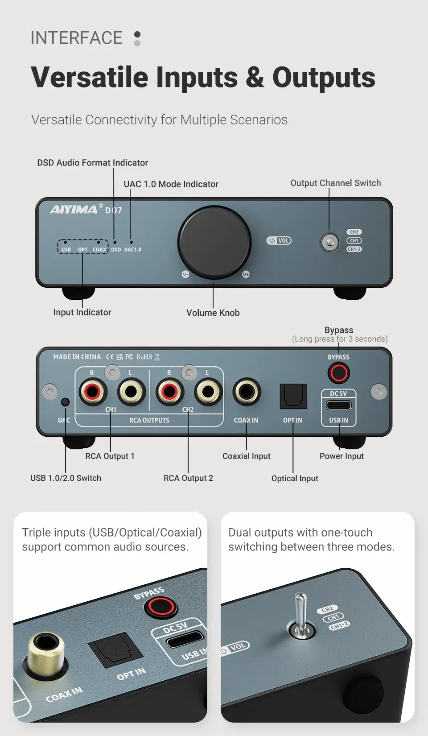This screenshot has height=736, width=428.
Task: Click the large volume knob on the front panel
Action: pos(214,242)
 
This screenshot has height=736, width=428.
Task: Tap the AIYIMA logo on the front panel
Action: pos(74,210)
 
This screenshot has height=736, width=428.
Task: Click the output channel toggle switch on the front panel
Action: pos(329,243)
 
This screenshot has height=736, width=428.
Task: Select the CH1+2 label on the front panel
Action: pos(354,249)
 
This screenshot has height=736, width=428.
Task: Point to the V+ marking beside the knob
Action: pos(246,274)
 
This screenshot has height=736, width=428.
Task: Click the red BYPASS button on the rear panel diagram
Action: pos(339,373)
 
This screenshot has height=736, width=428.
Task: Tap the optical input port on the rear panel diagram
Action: pos(293,397)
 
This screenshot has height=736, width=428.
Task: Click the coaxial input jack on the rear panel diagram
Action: pos(247,392)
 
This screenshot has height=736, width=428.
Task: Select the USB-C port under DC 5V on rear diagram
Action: pos(339,405)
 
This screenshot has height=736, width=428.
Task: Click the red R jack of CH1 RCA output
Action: pos(93,392)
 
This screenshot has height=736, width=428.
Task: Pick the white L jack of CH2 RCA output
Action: pos(208,392)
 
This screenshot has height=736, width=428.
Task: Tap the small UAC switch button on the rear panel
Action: pos(66,401)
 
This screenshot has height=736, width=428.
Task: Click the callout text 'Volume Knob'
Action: pos(213,313)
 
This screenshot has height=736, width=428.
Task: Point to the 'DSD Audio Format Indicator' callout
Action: pos(92,163)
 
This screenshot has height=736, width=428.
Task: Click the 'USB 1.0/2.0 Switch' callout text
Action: pos(66,478)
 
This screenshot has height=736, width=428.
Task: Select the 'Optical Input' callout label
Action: pos(295,478)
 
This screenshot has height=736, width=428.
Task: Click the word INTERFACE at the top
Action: pos(77,38)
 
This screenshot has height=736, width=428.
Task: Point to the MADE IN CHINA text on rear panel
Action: pos(77,357)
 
